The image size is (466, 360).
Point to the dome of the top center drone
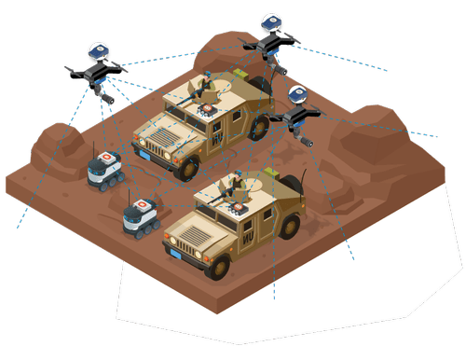point(271,22)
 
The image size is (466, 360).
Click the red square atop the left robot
point(106,154)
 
